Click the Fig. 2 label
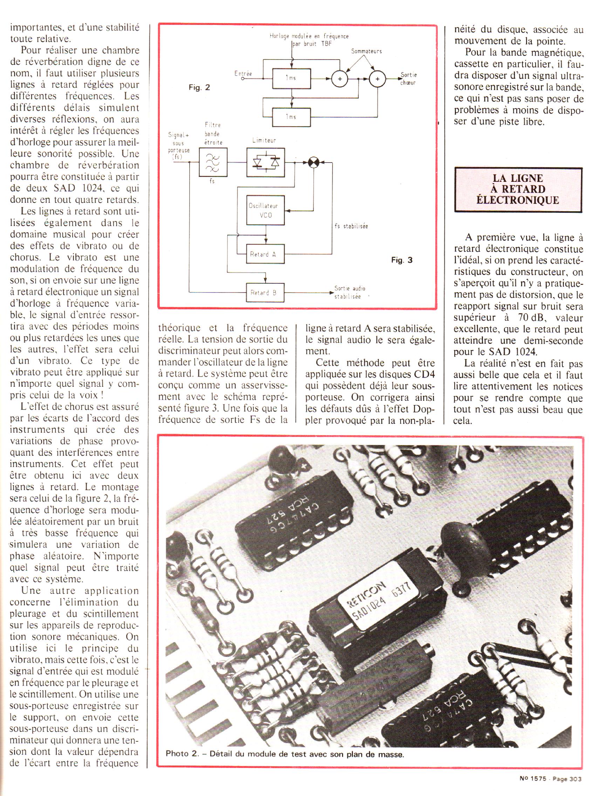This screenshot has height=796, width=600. click(199, 88)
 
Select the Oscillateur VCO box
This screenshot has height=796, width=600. click(265, 211)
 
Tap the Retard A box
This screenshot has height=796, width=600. click(265, 254)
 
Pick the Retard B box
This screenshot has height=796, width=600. click(265, 293)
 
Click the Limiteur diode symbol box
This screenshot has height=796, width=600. click(265, 162)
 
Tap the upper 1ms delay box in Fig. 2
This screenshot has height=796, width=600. click(291, 78)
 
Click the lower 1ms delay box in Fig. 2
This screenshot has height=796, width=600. click(291, 117)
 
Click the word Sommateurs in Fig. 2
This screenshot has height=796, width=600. click(366, 52)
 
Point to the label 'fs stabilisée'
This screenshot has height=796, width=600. click(351, 227)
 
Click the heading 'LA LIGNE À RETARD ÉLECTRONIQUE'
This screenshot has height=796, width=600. click(518, 189)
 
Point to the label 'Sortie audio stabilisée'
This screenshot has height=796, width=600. click(350, 293)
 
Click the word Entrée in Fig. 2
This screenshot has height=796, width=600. click(243, 74)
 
